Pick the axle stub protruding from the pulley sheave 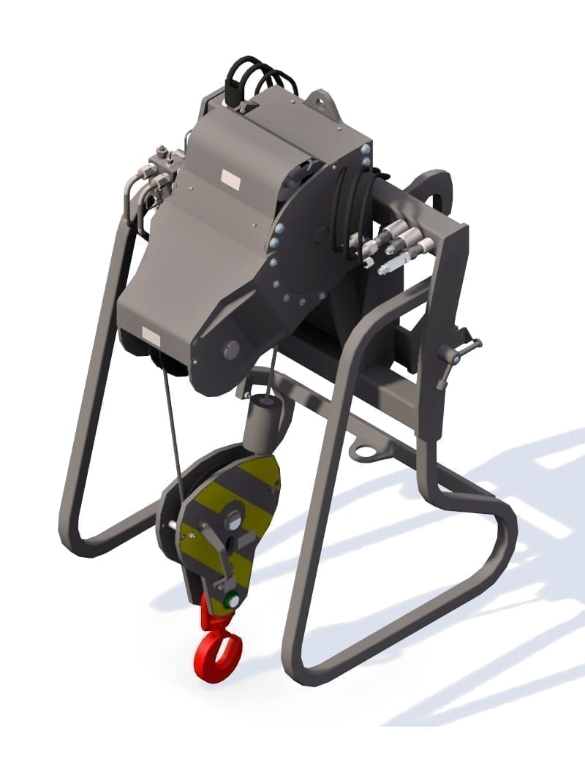click(x=170, y=524)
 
